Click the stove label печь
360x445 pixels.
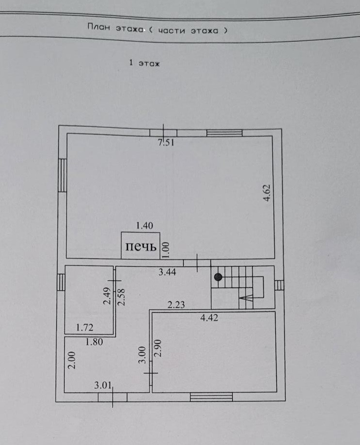(x=141, y=247)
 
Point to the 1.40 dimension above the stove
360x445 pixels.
(x=144, y=225)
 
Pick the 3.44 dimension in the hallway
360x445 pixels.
(x=167, y=272)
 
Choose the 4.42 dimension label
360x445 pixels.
(x=210, y=318)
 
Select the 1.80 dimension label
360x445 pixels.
(x=94, y=342)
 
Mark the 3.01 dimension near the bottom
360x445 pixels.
(x=103, y=385)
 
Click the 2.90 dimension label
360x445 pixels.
(x=156, y=348)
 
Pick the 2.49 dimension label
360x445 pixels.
(x=107, y=296)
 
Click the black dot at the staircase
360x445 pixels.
(x=219, y=277)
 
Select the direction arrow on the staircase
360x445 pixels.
(x=246, y=300)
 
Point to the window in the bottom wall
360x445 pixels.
(x=211, y=397)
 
